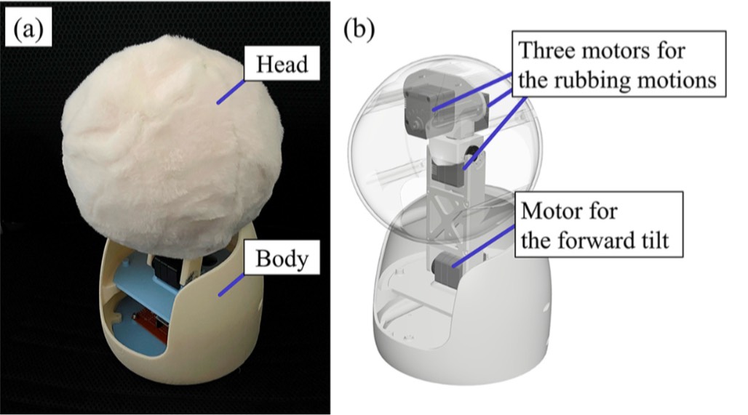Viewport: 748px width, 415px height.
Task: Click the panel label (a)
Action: point(28,30)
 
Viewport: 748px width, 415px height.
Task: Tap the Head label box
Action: point(281,65)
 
